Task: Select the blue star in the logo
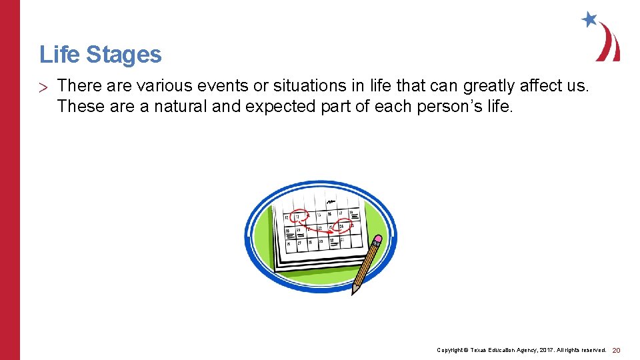click(x=589, y=19)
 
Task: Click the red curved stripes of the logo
click(x=609, y=44)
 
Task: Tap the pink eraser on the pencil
click(x=378, y=239)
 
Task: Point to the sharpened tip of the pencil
click(x=355, y=291)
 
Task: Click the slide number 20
click(x=616, y=350)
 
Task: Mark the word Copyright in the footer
click(x=450, y=350)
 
